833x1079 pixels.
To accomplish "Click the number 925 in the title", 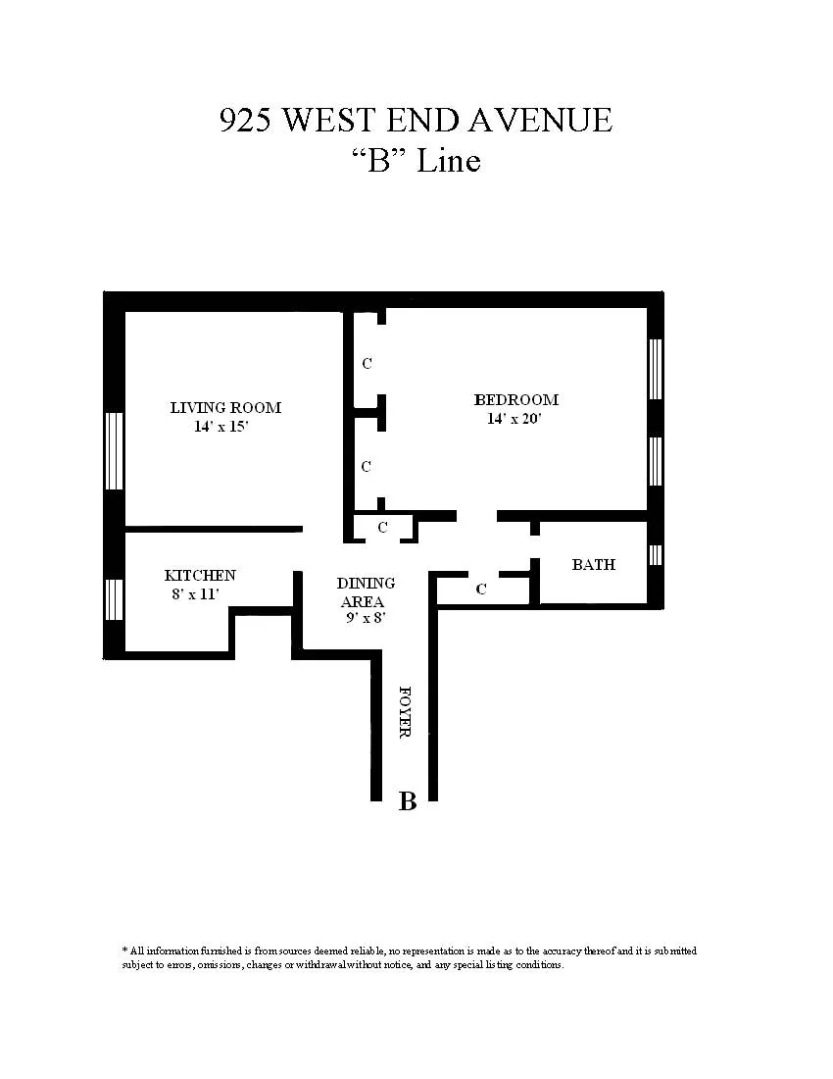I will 246,120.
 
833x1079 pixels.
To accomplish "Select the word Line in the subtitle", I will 449,160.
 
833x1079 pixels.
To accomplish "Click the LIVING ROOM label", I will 225,408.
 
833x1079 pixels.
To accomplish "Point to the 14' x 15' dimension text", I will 225,427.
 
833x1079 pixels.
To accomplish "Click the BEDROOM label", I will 515,400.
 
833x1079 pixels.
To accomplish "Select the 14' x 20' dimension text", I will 514,419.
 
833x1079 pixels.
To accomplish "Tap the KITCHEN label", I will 200,576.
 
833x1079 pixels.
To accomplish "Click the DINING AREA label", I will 366,592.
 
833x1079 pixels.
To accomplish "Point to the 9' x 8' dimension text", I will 366,619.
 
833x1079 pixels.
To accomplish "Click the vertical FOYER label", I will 405,711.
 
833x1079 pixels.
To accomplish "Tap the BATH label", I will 594,565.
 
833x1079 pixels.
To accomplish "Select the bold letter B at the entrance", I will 408,801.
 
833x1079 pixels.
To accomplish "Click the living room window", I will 115,451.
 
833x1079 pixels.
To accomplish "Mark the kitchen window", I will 115,600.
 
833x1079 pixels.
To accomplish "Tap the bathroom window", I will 655,555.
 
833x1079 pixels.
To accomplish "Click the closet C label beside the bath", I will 481,591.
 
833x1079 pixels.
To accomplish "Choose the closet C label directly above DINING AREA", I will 382,528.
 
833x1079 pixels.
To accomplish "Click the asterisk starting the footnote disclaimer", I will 124,951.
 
